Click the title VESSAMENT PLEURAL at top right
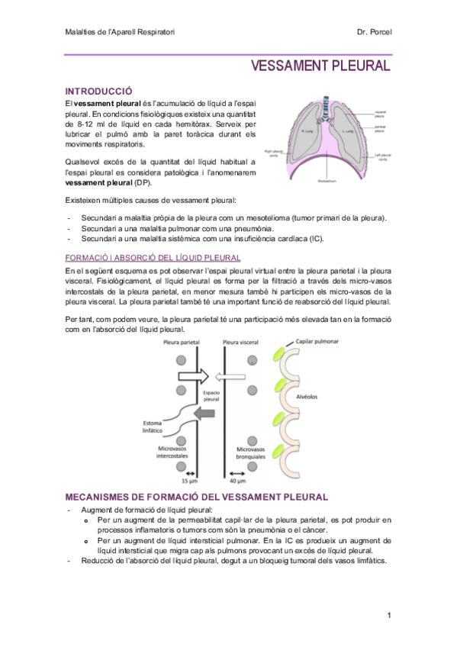tap(320, 66)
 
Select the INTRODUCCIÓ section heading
tap(99, 90)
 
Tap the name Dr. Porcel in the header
tap(373, 32)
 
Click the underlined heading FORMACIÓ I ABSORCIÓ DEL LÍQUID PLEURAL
tap(153, 259)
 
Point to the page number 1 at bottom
tap(388, 615)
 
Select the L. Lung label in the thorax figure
tap(346, 130)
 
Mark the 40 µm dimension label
tap(237, 481)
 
